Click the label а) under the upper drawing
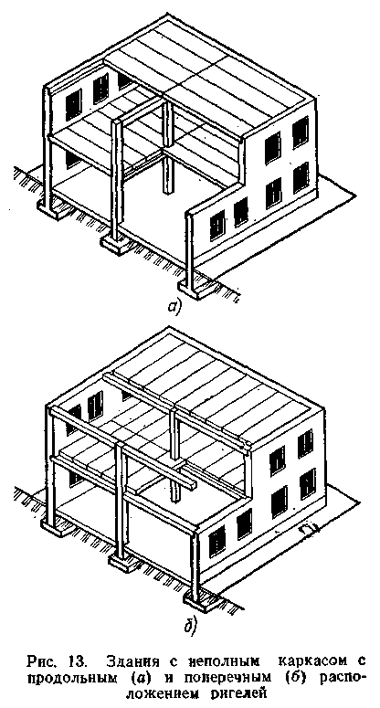pos(174,307)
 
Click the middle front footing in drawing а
pos(115,245)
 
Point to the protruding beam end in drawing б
pos(190,482)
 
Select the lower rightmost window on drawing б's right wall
pos(308,483)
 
